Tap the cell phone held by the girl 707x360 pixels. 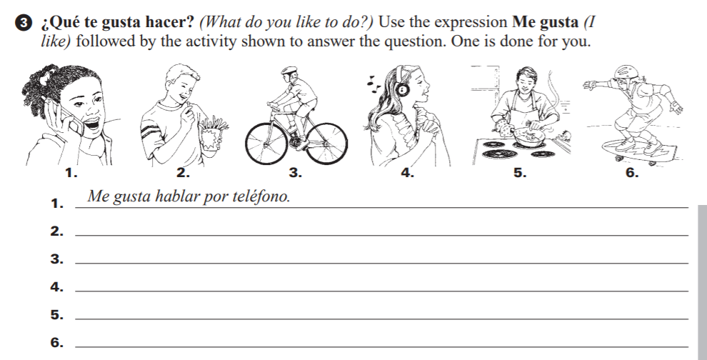tap(71, 118)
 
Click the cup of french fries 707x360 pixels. tap(212, 135)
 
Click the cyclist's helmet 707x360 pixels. tap(289, 71)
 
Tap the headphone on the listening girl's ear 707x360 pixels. tap(403, 90)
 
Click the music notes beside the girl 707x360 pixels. tap(373, 81)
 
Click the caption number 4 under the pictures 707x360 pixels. tap(407, 173)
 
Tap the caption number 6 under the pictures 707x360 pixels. tap(632, 173)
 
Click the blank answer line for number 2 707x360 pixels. tap(381, 235)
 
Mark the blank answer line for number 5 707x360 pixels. tap(381, 319)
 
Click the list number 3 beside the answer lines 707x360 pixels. tap(56, 259)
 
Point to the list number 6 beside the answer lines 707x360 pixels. tap(56, 343)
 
